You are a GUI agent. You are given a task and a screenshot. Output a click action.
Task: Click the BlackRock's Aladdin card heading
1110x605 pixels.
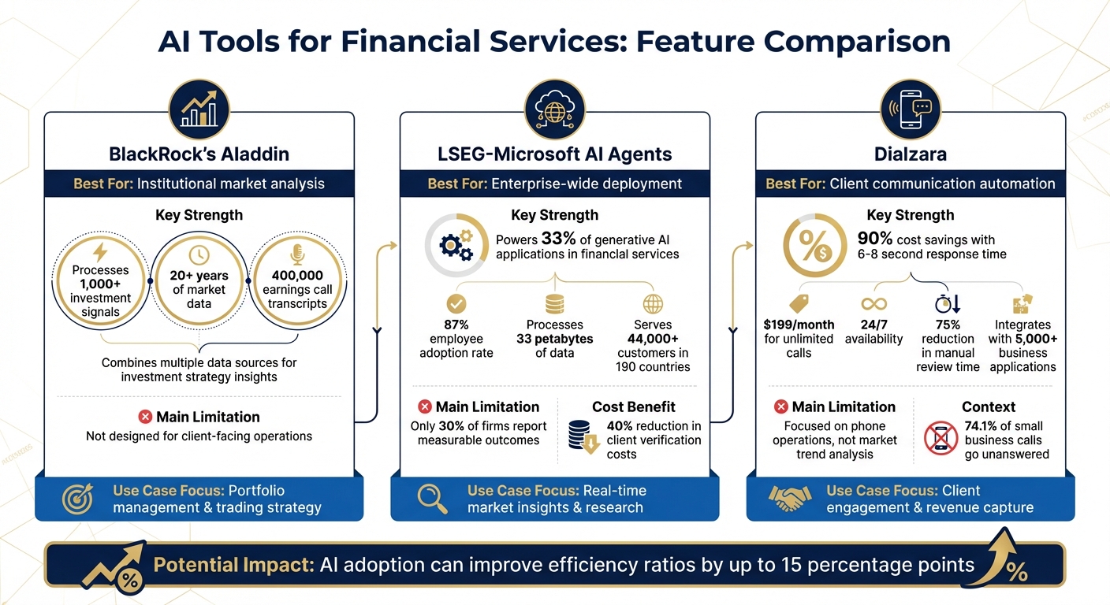pyautogui.click(x=199, y=154)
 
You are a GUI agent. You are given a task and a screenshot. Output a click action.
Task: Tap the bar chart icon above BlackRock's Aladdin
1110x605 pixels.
pyautogui.click(x=199, y=109)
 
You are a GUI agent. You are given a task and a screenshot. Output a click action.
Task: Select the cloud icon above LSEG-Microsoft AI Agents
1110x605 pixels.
pyautogui.click(x=555, y=109)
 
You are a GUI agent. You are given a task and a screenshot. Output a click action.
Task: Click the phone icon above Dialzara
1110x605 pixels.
pyautogui.click(x=911, y=109)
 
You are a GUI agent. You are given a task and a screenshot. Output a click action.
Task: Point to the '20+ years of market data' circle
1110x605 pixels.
pyautogui.click(x=199, y=289)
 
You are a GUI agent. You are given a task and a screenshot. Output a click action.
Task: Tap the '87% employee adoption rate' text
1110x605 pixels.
pyautogui.click(x=456, y=339)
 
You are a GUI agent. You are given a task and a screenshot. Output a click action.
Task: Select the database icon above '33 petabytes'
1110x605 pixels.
pyautogui.click(x=554, y=305)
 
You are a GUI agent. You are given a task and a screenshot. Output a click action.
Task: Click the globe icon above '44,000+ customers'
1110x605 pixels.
pyautogui.click(x=653, y=305)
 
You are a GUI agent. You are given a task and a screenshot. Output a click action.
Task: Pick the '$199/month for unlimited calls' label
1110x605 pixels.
pyautogui.click(x=799, y=339)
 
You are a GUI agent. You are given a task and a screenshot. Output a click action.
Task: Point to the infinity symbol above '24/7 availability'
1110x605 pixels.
pyautogui.click(x=873, y=304)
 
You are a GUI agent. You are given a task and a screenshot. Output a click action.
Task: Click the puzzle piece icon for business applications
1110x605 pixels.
pyautogui.click(x=1022, y=304)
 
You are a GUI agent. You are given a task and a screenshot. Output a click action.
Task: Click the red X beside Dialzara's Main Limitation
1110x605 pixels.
pyautogui.click(x=780, y=407)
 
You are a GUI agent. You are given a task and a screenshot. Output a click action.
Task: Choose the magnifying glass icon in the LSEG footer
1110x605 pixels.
pyautogui.click(x=432, y=499)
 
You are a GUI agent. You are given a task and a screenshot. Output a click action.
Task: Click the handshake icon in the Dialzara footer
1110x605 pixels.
pyautogui.click(x=789, y=499)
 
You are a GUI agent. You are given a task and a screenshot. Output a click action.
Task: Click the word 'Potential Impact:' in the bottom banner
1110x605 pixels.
pyautogui.click(x=233, y=565)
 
